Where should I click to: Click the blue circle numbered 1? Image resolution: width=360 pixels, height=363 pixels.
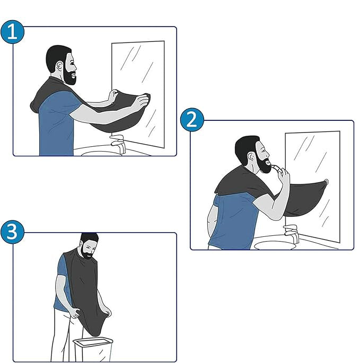[12, 32]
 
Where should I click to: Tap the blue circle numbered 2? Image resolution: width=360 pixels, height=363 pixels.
[192, 120]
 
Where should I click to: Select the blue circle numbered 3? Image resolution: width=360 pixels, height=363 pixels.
[12, 232]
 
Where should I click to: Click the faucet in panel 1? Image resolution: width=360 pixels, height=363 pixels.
[118, 144]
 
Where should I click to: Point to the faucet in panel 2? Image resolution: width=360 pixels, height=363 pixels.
[292, 233]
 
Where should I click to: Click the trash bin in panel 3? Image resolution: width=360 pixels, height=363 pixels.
[93, 350]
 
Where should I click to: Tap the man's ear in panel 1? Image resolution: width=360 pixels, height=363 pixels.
[59, 67]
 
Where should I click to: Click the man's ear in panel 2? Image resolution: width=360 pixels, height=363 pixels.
[250, 157]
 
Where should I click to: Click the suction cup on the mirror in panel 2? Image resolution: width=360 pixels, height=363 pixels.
[326, 181]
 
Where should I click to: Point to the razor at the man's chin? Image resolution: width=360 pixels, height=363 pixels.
[277, 168]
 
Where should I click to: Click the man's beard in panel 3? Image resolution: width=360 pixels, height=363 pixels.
[86, 252]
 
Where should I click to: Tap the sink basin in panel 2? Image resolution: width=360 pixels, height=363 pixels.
[275, 245]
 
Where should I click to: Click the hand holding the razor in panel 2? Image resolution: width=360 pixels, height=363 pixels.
[283, 175]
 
